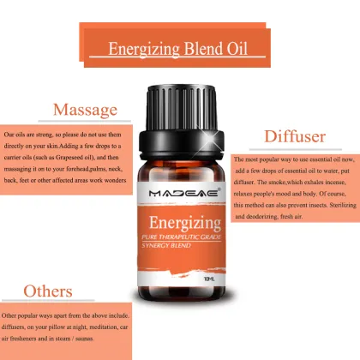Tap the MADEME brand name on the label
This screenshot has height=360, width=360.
pyautogui.click(x=180, y=171)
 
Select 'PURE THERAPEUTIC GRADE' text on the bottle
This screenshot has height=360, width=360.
pyautogui.click(x=180, y=219)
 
